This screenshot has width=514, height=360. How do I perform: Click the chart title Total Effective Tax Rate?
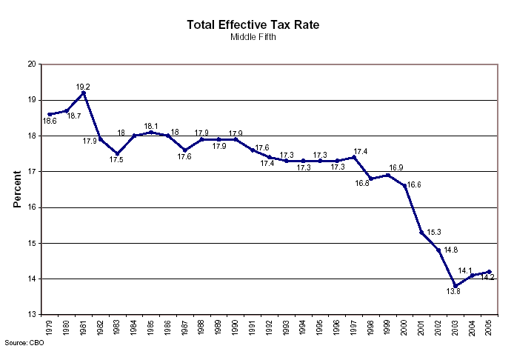254,25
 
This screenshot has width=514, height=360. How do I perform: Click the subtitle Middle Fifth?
254,36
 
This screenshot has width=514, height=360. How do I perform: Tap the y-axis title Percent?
17,190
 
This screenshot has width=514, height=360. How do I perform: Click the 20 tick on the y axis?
32,64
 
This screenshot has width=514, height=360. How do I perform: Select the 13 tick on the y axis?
32,315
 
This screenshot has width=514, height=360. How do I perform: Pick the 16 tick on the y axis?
32,207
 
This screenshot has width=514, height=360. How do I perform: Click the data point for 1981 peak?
84,93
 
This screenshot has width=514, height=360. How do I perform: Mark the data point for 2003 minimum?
455,286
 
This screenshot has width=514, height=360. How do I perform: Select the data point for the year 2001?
421,232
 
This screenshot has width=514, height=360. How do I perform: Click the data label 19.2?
83,87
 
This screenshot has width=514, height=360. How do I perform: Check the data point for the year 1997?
353,157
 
